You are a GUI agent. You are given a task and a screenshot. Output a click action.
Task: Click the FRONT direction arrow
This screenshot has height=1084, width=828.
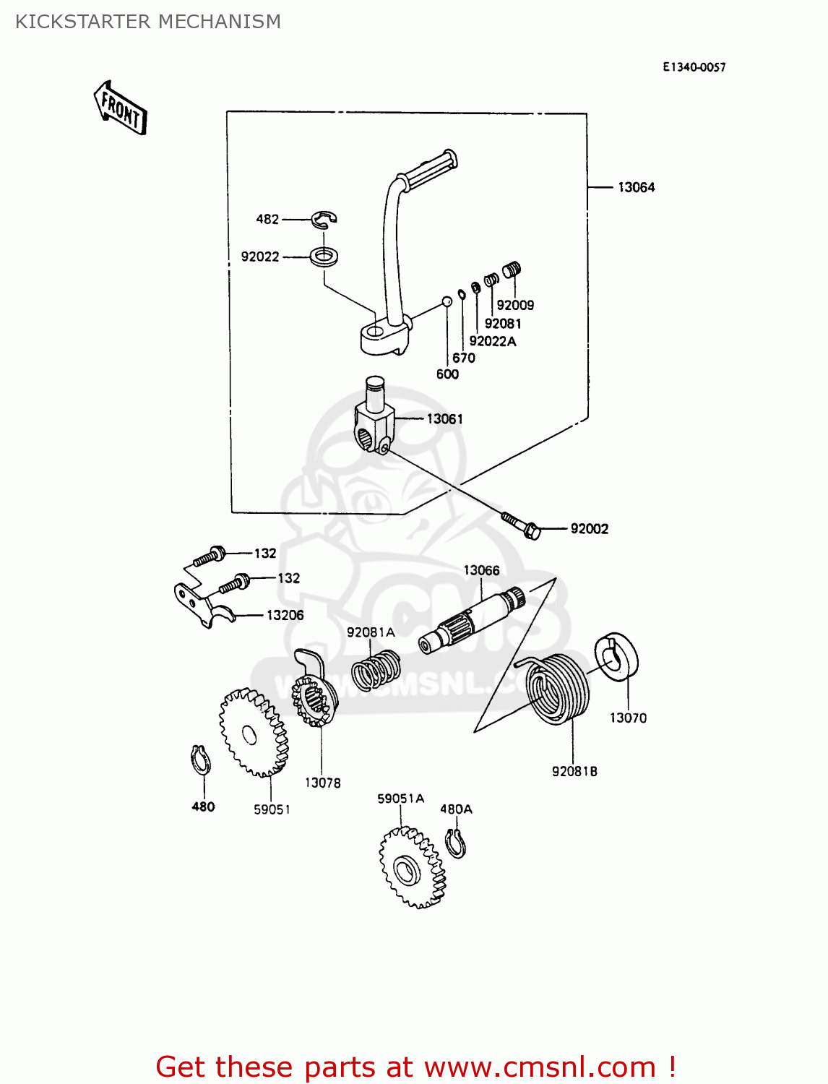click(120, 108)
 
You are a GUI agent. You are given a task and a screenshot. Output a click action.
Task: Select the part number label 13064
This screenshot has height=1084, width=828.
click(636, 187)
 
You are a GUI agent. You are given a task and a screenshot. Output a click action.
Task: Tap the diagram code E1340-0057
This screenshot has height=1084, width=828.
click(694, 67)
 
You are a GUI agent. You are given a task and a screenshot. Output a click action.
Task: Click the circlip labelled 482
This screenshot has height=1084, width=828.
click(324, 218)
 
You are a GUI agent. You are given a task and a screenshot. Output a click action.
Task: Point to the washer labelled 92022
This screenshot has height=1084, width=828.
click(325, 256)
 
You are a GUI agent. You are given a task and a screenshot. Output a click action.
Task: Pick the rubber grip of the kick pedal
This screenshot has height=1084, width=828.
click(430, 168)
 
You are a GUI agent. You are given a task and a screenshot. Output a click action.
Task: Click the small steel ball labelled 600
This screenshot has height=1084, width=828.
click(447, 301)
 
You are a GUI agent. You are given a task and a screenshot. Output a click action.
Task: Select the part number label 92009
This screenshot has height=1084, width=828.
click(515, 305)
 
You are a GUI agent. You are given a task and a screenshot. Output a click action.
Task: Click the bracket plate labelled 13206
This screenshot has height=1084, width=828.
click(202, 601)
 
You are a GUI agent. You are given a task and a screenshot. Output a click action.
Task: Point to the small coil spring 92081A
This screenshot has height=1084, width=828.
click(376, 670)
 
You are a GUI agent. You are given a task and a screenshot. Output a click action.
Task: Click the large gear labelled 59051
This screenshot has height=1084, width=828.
click(253, 733)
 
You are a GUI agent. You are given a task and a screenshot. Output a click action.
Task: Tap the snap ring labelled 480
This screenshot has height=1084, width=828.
click(200, 760)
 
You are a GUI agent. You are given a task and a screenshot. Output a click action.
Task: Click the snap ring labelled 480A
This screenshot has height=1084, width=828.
click(455, 843)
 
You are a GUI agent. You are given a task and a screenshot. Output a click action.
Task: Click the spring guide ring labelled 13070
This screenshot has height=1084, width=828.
click(616, 657)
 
